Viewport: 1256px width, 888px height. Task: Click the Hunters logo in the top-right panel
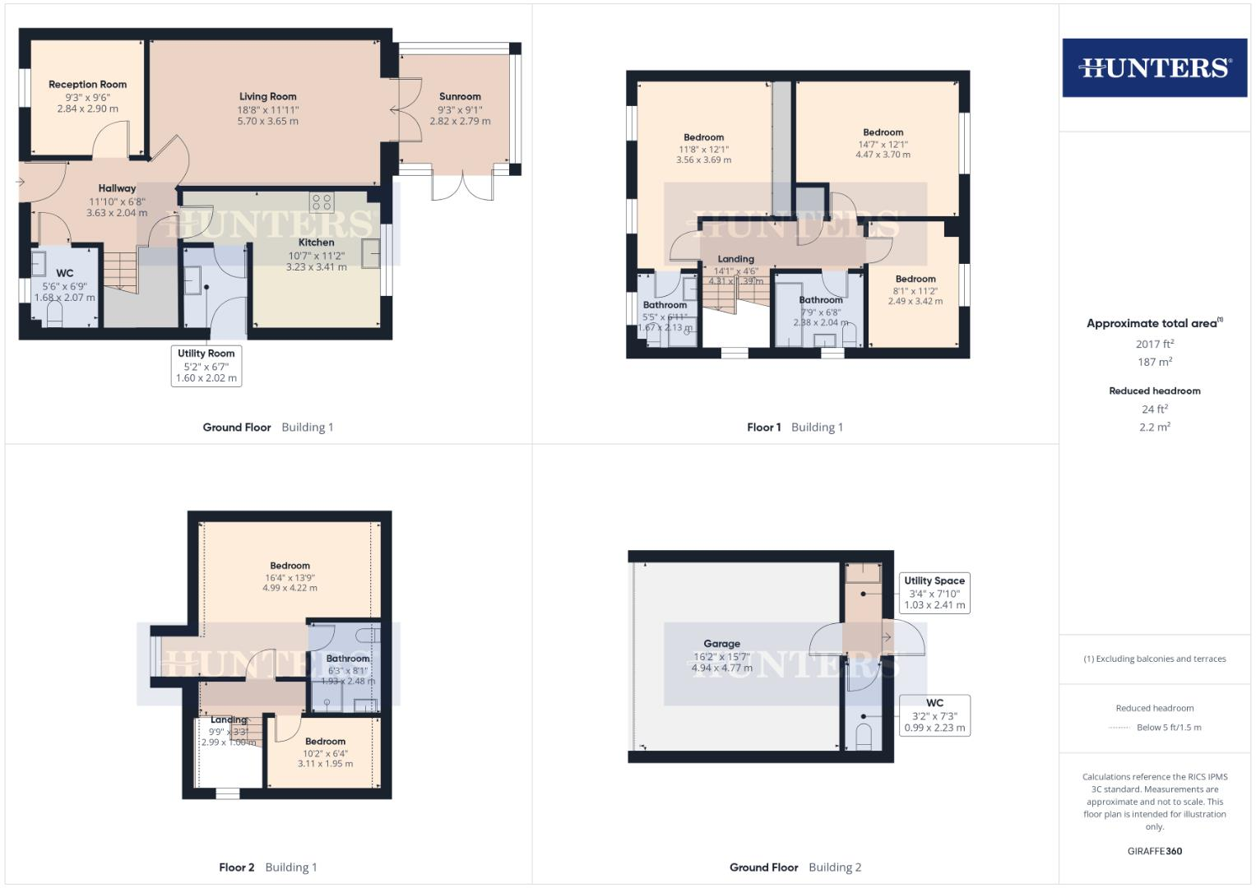(x=1154, y=67)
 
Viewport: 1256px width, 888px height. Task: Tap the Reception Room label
(x=87, y=85)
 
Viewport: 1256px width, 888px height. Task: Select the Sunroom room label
(x=460, y=96)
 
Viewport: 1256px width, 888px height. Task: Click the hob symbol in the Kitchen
(x=321, y=202)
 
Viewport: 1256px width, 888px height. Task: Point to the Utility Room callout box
(x=206, y=365)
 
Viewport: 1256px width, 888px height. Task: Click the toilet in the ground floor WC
(x=55, y=315)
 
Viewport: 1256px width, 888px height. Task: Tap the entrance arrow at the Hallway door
(x=21, y=182)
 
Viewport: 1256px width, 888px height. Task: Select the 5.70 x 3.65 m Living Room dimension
(x=267, y=121)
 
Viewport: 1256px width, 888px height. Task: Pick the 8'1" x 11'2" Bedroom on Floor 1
(x=915, y=290)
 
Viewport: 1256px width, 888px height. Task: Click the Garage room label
(x=721, y=644)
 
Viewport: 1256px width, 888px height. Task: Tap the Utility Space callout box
(x=934, y=593)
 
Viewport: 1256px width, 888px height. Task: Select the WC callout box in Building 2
(x=934, y=715)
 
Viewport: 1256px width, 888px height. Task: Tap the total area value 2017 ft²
(x=1154, y=345)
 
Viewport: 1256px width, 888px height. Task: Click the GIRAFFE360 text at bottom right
(x=1154, y=851)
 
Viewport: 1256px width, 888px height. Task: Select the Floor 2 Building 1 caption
(x=267, y=867)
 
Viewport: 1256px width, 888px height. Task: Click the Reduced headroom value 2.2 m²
(x=1154, y=427)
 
